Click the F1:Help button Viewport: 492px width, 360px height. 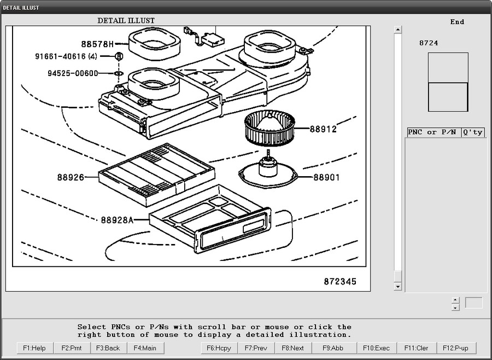pyautogui.click(x=34, y=348)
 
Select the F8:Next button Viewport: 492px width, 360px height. pyautogui.click(x=292, y=348)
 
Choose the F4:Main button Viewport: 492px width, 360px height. pyautogui.click(x=145, y=348)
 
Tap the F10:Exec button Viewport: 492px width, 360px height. pyautogui.click(x=374, y=348)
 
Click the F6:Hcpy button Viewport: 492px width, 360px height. pyautogui.click(x=219, y=348)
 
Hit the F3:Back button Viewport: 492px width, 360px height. pyautogui.click(x=108, y=348)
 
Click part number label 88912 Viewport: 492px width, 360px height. pyautogui.click(x=323, y=130)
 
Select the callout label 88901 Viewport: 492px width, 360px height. pyautogui.click(x=326, y=177)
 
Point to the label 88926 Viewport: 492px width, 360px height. pyautogui.click(x=71, y=177)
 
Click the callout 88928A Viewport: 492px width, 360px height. pyautogui.click(x=117, y=220)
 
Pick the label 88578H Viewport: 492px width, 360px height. pyautogui.click(x=97, y=44)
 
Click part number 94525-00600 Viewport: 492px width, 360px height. pyautogui.click(x=73, y=73)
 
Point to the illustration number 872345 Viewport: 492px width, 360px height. pyautogui.click(x=339, y=282)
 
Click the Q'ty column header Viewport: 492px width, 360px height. pyautogui.click(x=473, y=132)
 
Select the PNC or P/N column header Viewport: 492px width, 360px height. pyautogui.click(x=432, y=132)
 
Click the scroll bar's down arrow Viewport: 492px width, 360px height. pyautogui.click(x=398, y=287)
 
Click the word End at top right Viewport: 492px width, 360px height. pyautogui.click(x=457, y=22)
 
